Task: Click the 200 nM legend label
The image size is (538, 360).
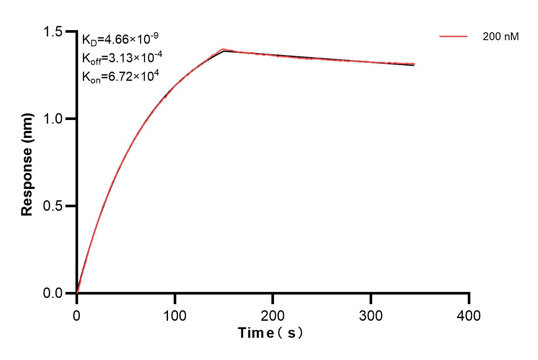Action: [500, 37]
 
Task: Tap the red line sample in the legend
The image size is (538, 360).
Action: [453, 37]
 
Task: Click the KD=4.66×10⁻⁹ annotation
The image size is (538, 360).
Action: [117, 39]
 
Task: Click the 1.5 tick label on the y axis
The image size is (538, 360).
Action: [55, 32]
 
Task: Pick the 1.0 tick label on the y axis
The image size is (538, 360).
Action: [55, 119]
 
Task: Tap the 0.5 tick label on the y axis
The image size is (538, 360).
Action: [55, 206]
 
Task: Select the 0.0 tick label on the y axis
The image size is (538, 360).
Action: [55, 293]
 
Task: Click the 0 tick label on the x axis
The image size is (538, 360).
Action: [77, 315]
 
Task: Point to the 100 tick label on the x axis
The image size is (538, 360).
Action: [175, 315]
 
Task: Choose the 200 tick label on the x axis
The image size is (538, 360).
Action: [273, 315]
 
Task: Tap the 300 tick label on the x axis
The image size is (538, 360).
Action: [371, 315]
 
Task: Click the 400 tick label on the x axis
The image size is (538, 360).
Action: [469, 315]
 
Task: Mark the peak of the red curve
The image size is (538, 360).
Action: [223, 49]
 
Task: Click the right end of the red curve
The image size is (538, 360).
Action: [414, 64]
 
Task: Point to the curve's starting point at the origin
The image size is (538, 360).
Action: [77, 293]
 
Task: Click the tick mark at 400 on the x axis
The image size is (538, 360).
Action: [469, 299]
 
